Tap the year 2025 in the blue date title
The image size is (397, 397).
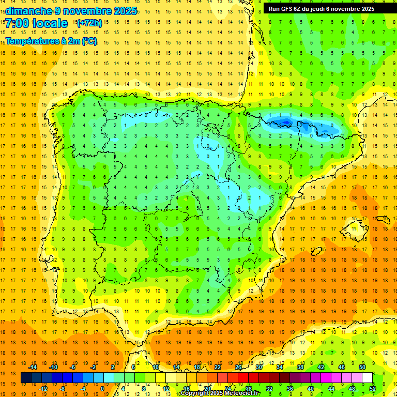[126, 11]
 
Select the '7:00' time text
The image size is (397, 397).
[18, 23]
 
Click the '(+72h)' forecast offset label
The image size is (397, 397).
[89, 23]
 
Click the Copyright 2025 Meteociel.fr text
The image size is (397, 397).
[220, 393]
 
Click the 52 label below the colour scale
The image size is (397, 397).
[373, 389]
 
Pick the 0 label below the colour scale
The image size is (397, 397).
[102, 389]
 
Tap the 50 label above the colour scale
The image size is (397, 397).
[362, 367]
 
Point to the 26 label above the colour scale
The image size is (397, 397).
[238, 367]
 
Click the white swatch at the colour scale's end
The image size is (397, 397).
[367, 378]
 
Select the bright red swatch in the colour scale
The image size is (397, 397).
[243, 378]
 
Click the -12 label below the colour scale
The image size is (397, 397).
[43, 389]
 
